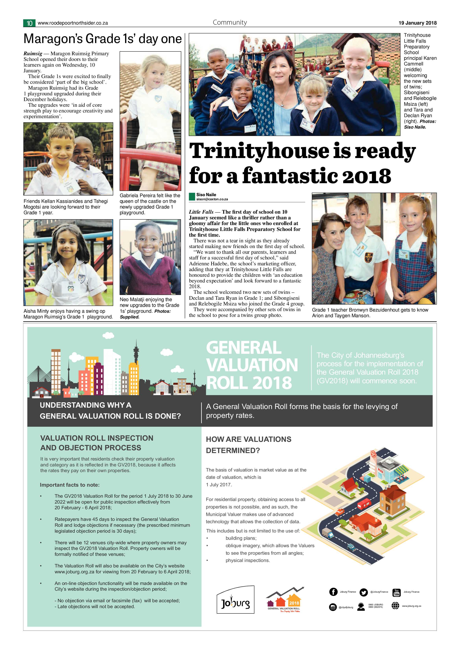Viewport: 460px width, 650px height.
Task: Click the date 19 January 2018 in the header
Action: tap(417, 23)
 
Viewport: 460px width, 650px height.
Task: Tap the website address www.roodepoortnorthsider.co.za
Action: tap(73, 23)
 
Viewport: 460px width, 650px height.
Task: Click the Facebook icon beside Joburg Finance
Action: tap(333, 591)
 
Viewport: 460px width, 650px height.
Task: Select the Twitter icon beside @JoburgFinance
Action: tap(363, 592)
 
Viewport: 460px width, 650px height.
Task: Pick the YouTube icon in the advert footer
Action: tap(396, 592)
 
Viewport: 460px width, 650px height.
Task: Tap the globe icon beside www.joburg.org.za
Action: tap(395, 606)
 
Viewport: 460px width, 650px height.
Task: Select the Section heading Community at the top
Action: tap(230, 22)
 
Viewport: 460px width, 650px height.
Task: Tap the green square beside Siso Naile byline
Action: tap(192, 197)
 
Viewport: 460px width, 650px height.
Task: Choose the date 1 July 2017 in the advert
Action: tap(219, 485)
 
